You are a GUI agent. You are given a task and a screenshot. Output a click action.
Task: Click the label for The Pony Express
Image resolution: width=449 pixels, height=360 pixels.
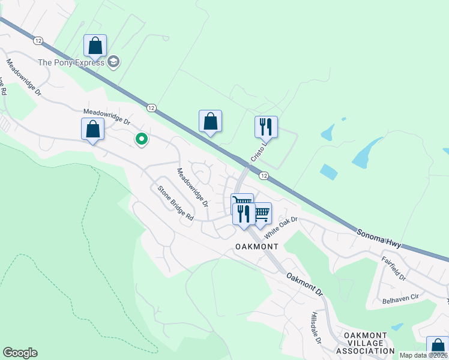71,62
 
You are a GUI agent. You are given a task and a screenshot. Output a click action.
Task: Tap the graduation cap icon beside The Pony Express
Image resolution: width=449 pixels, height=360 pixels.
113,62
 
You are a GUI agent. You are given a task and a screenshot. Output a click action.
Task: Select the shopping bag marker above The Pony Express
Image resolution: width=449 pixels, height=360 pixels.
95,46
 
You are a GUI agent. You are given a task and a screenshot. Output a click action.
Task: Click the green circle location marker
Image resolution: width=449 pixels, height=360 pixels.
142,139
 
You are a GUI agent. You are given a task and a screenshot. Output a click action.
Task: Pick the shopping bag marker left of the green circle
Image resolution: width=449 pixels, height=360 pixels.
92,129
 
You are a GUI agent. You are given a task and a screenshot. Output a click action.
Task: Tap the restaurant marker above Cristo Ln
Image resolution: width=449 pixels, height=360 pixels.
266,127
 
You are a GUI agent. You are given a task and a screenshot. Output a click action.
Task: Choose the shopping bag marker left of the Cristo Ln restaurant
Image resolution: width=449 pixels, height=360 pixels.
210,121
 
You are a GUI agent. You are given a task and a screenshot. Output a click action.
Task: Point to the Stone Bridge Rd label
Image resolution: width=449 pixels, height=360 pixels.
175,203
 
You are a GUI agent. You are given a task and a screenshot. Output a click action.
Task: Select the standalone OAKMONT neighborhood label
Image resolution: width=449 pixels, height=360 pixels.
257,247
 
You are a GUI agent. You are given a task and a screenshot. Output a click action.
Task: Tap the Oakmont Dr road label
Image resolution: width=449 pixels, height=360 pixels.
305,284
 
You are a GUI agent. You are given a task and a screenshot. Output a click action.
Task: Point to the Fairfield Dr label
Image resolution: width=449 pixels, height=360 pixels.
394,269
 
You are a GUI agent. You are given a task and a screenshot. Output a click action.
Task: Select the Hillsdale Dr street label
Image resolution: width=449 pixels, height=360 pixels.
315,328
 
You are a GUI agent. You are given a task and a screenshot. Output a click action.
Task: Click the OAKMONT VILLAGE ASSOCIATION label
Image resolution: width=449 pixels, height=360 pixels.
365,343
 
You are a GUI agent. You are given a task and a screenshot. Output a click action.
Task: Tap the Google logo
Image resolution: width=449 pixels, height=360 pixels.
20,353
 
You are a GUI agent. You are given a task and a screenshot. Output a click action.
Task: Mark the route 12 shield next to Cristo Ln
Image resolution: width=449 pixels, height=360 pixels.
263,175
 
